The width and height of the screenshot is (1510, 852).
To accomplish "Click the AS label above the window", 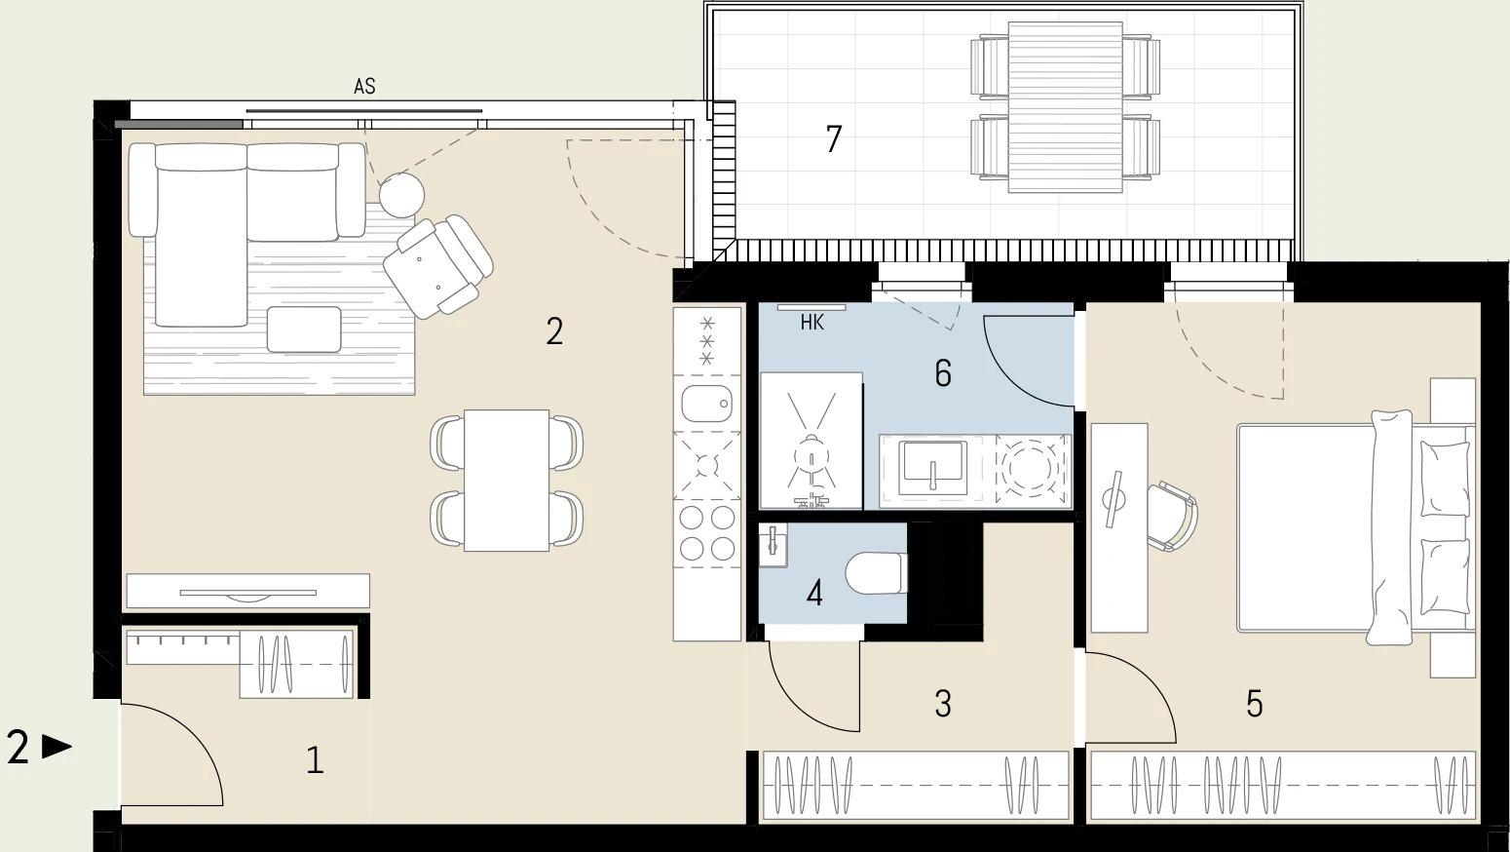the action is (x=364, y=87).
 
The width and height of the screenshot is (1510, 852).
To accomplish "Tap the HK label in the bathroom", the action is (x=812, y=323).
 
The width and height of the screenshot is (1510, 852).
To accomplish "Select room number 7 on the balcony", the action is (x=834, y=139).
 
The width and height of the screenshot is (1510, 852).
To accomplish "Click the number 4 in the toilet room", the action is (x=814, y=595).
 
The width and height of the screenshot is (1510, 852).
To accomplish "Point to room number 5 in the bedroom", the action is (x=1254, y=704).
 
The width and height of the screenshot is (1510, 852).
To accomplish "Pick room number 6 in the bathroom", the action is (x=943, y=373).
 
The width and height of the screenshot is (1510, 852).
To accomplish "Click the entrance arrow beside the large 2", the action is (x=57, y=747).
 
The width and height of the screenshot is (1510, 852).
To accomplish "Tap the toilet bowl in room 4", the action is (x=877, y=573).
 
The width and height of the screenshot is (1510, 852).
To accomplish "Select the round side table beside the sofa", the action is (x=401, y=195).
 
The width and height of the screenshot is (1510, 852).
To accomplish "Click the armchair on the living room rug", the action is (x=438, y=266).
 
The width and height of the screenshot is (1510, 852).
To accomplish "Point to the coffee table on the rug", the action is (x=304, y=329).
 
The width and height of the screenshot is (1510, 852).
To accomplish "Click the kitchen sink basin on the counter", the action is (x=706, y=404).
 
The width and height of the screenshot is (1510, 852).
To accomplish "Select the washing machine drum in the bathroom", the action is (x=1033, y=467).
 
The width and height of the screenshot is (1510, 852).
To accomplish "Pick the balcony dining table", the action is (x=1065, y=107).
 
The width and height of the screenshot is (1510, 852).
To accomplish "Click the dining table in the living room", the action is (x=507, y=481).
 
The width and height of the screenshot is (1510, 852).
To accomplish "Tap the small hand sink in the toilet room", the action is (x=774, y=546).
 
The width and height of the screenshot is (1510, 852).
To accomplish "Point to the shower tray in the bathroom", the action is (x=812, y=441).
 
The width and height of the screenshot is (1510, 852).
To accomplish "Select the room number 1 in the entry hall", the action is (x=315, y=760).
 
